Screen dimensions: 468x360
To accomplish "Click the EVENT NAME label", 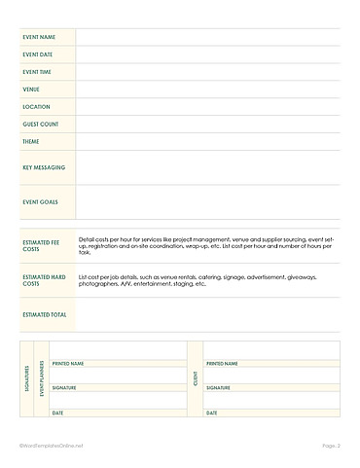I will coord(38,37).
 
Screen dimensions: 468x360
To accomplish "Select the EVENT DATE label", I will coord(37,54).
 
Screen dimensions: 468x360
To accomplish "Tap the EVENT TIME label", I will coord(37,72).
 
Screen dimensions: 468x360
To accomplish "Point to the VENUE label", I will coord(30,90).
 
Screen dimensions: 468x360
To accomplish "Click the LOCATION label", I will coord(35,107).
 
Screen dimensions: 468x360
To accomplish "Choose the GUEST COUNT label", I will coord(40,125).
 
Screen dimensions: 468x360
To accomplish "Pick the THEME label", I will coord(30,142).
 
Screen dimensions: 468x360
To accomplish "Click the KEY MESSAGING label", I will coord(43,167).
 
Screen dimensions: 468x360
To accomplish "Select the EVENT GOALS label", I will coord(40,202).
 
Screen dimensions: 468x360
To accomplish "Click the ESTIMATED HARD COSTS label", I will coord(41,280).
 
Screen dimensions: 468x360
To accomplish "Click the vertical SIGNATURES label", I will coord(26,379).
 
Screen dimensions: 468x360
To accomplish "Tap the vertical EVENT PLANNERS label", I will coord(42,379).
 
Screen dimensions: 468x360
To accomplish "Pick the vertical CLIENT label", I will coord(196,379).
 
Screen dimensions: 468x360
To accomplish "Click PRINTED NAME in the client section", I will coord(222,364).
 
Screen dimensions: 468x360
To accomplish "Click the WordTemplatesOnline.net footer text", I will coord(52,446).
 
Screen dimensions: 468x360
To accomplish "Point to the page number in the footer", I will coord(331,446).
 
